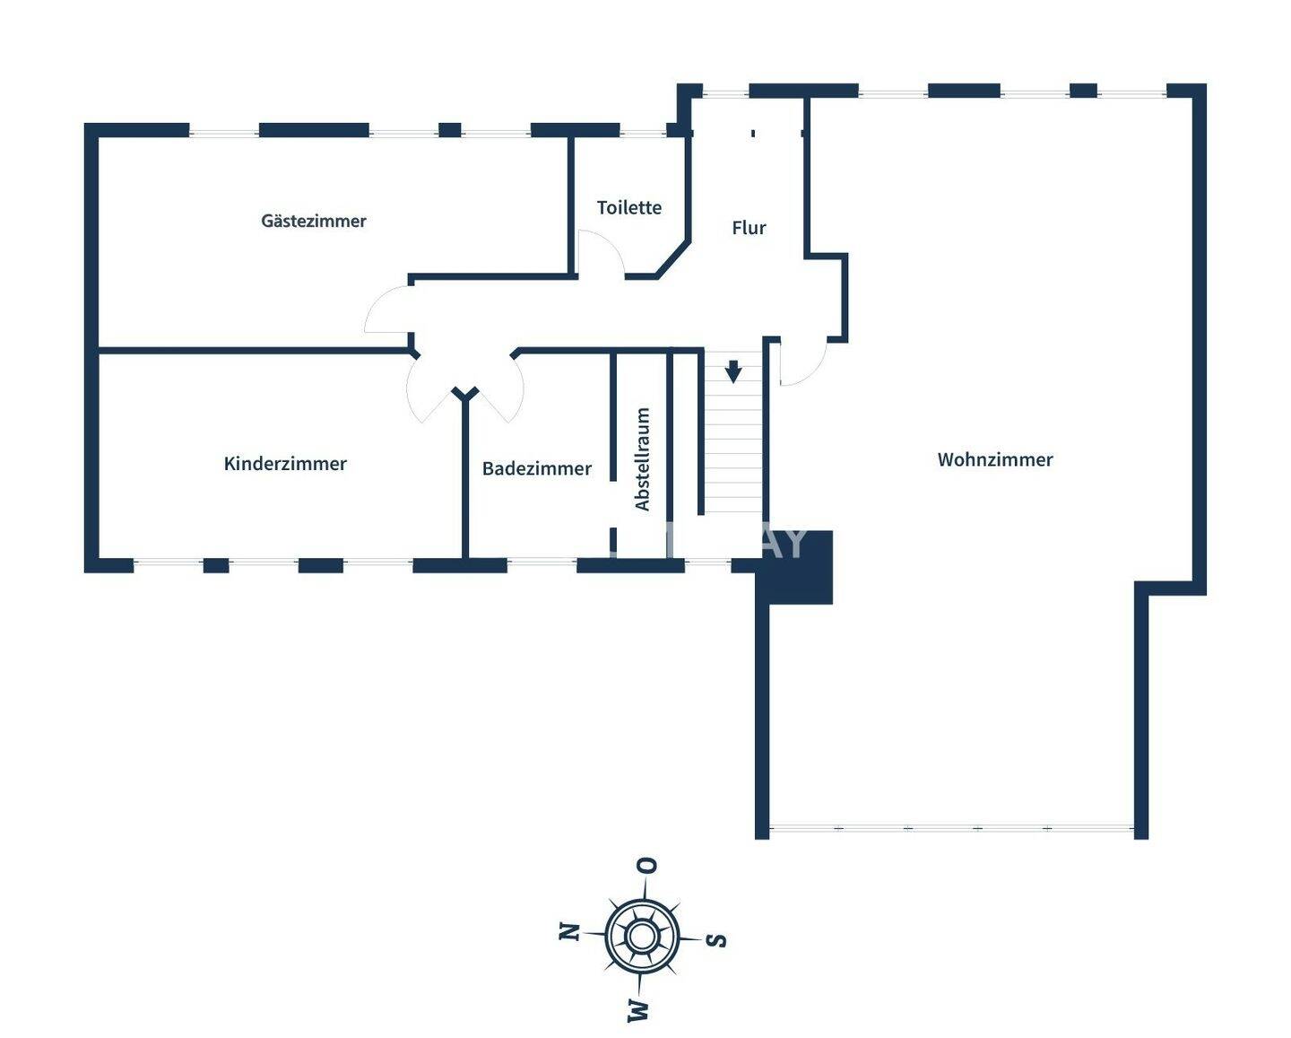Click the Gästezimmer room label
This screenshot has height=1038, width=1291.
coord(314,221)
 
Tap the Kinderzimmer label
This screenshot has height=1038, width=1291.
coord(285,464)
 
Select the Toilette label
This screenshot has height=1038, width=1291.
coord(629,207)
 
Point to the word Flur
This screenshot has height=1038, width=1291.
coord(749,228)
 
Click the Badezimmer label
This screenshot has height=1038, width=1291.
coord(537,468)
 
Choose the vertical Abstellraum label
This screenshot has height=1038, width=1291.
coord(643,459)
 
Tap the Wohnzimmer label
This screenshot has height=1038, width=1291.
coord(995,459)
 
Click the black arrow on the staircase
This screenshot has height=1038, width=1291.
coord(733,371)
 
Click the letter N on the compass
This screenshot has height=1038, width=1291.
coord(568,931)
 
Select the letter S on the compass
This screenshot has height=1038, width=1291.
coord(715,940)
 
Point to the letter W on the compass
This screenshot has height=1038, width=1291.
coord(638,1010)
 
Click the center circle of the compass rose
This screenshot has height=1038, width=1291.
coord(641,936)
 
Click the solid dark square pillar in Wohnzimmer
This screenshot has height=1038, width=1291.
coord(797,568)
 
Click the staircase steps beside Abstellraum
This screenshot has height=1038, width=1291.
coord(732,449)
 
